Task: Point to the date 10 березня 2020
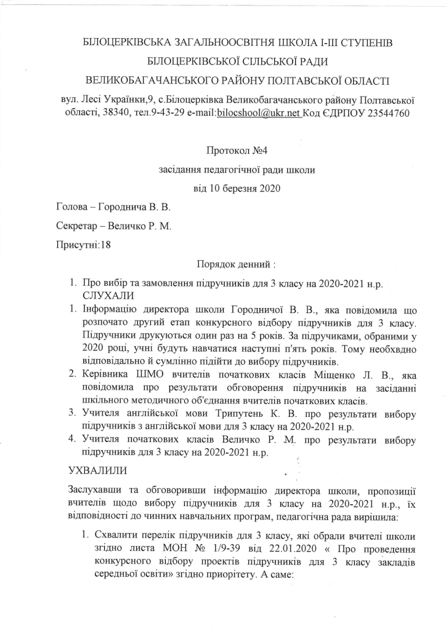(x=237, y=188)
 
